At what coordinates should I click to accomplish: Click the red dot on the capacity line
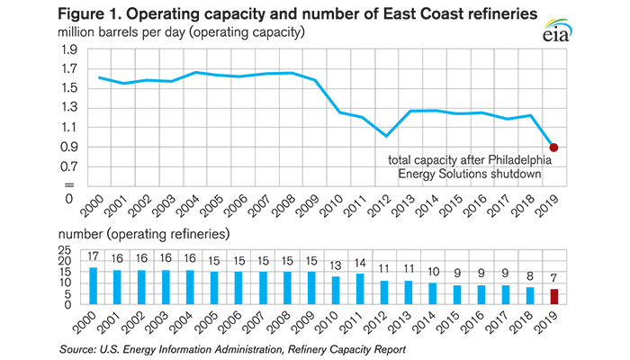(x=554, y=148)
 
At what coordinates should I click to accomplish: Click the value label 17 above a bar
(x=94, y=258)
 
